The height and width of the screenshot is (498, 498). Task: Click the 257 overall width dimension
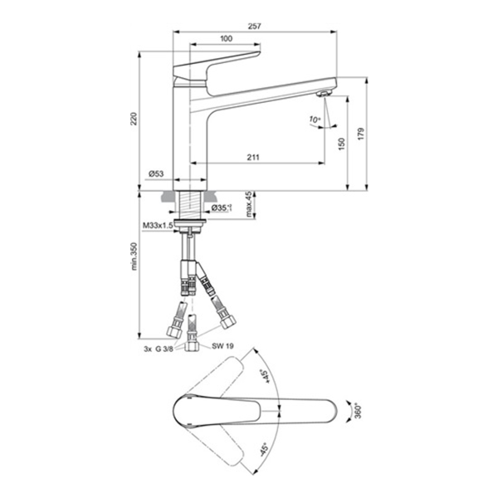click(x=255, y=26)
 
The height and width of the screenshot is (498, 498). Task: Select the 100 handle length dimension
click(x=226, y=39)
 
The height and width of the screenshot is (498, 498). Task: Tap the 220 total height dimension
click(x=134, y=119)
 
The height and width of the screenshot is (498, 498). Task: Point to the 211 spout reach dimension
click(x=253, y=157)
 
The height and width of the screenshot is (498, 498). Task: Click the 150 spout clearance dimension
click(x=341, y=144)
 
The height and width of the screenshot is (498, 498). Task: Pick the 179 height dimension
click(x=361, y=134)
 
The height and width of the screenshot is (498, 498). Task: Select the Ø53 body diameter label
click(x=156, y=173)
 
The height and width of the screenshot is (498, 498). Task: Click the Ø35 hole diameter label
click(x=222, y=208)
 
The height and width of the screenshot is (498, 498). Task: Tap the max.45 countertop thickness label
click(x=249, y=204)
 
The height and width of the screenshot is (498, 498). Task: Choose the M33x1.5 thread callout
click(x=158, y=226)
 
